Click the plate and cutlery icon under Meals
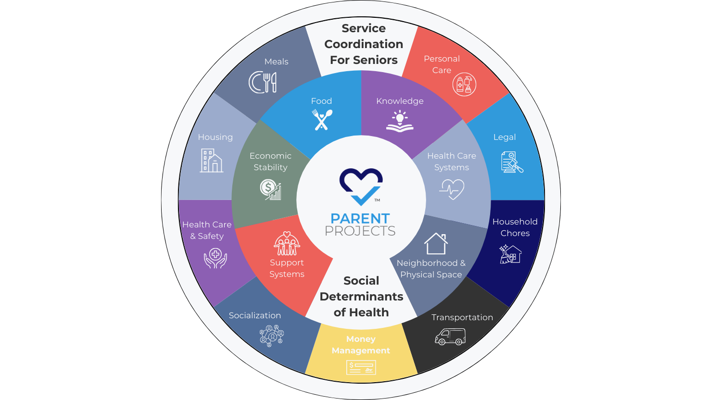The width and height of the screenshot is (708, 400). pos(263,82)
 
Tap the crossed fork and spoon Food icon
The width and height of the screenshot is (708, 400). pos(322,120)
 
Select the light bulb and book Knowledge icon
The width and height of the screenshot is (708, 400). pos(400,121)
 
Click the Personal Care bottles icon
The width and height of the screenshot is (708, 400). pos(464,85)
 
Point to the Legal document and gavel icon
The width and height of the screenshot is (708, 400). pos(512,162)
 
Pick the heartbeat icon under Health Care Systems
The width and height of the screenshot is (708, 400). pos(452,189)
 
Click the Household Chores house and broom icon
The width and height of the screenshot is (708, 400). pos(510,254)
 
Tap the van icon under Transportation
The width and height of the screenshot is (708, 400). pos(450,337)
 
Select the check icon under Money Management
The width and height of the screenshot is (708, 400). pos(361,368)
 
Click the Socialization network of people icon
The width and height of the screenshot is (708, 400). pos(272,335)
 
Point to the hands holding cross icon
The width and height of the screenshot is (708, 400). pos(215,258)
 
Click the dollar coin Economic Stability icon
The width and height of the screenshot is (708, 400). pos(271,189)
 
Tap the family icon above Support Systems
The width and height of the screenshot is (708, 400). pos(287,243)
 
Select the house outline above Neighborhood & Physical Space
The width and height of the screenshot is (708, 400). pos(436,243)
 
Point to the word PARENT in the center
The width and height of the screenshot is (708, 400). pos(360,219)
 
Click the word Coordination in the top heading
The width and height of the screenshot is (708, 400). pos(364,44)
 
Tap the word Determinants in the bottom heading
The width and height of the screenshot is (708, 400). pos(361,297)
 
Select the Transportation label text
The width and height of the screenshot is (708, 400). pos(462,317)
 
